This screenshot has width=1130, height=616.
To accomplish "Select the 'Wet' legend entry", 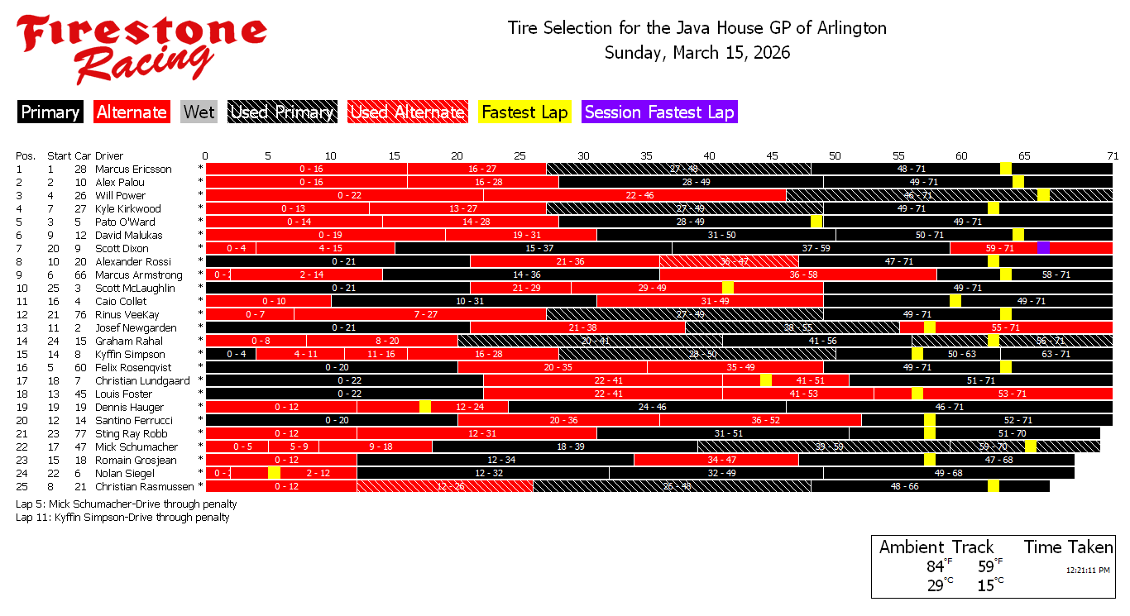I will tap(199, 112).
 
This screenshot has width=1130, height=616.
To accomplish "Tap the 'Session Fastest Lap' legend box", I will tap(659, 112).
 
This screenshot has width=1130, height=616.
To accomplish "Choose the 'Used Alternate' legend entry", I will tap(406, 112).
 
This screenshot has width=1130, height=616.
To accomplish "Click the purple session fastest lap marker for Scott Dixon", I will tap(1043, 248).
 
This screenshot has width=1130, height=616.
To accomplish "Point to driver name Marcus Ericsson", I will tap(133, 170).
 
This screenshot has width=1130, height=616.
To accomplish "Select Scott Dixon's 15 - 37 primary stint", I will tap(534, 248).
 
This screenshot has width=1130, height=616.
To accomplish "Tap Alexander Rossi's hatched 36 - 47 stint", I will tap(729, 261).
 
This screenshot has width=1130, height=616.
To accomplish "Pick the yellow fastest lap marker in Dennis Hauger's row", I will tap(425, 407).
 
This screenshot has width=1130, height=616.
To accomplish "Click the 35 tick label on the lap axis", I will tap(646, 155).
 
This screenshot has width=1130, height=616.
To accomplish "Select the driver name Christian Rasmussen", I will tap(144, 487).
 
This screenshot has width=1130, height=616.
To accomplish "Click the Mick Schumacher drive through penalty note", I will tap(126, 504).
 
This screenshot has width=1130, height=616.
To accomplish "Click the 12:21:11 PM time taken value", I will tap(1087, 570).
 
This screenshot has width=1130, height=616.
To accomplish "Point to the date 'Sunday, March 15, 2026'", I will tap(697, 53).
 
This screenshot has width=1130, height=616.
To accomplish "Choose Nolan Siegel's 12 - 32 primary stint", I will tap(483, 473).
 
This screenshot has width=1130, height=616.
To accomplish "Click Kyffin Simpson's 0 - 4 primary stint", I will tap(231, 354).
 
